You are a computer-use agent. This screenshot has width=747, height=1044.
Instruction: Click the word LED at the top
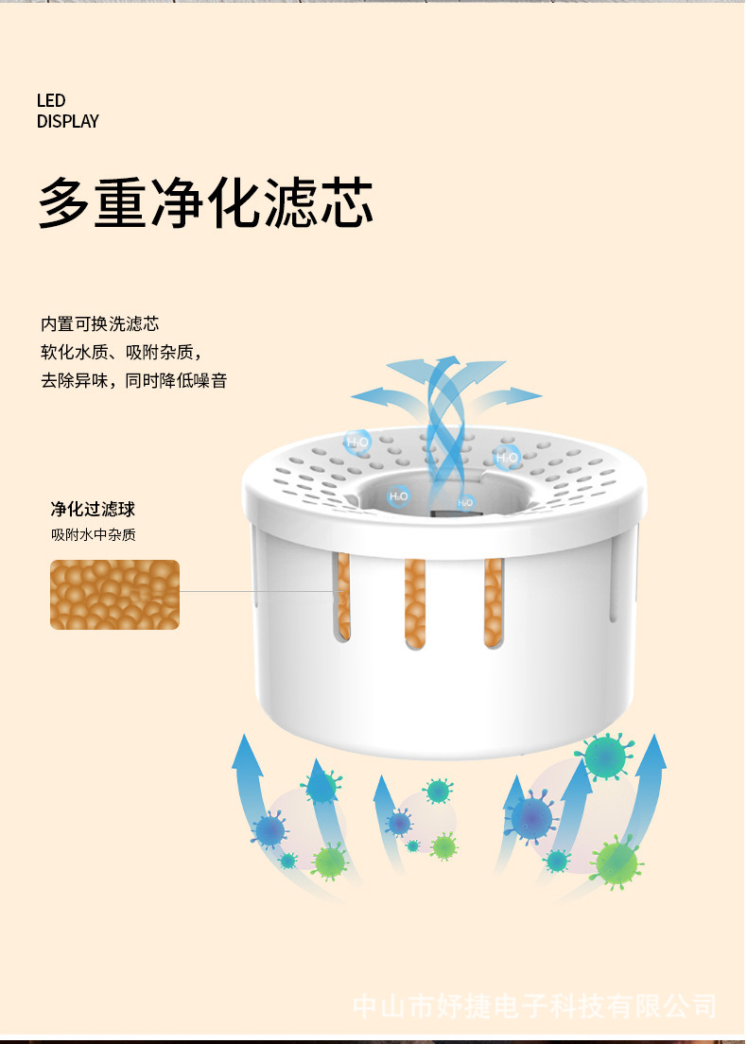pos(51,101)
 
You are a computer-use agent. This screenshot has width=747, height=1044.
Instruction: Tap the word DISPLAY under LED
pos(67,121)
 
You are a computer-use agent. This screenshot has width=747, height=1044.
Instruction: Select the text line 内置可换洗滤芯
pos(99,324)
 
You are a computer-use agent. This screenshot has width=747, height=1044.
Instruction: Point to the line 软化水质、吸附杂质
pos(121,353)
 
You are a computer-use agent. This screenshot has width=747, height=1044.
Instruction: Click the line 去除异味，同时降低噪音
pos(133,381)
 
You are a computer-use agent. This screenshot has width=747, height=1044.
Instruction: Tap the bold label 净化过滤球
pos(93,510)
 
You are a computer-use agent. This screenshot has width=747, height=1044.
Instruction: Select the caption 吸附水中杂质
pos(93,535)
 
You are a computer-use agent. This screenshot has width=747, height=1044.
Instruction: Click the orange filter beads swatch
pos(114,595)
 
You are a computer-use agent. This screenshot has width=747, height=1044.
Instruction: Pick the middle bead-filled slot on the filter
pos(415,602)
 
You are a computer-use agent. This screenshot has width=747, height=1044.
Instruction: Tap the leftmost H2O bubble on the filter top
pos(356,442)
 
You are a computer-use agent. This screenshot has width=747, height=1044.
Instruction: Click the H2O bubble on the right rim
pos(508,458)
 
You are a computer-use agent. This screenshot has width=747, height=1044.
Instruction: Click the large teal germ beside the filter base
pos(603,757)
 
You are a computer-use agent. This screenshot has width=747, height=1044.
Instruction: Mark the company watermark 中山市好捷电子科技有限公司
pos(534,1006)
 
